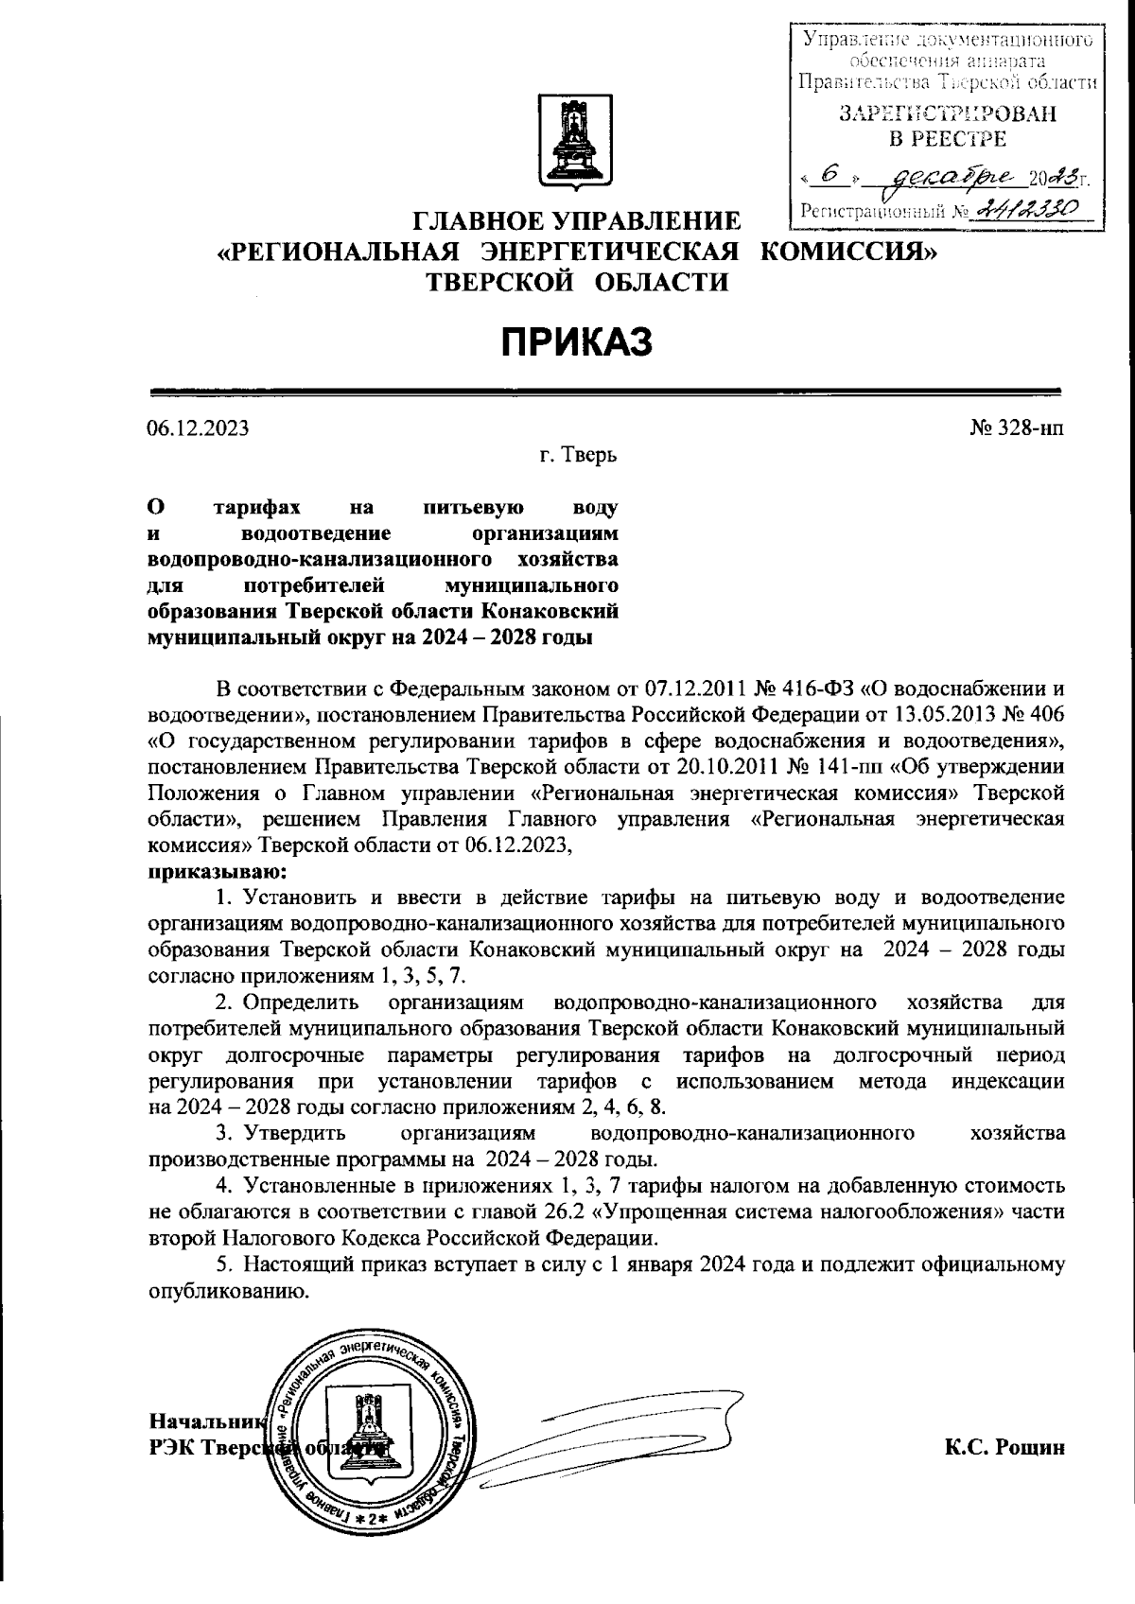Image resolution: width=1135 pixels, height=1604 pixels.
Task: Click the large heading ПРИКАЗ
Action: pos(577,341)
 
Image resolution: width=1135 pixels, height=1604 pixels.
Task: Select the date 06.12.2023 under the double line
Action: pos(198,427)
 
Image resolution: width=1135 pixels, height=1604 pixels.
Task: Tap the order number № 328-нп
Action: pos(1017,427)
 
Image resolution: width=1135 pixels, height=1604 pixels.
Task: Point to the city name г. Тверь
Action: pos(578,456)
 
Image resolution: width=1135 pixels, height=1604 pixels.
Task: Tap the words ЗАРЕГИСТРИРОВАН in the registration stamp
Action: pos(946,114)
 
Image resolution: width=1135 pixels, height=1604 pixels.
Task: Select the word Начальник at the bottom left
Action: pos(203,1421)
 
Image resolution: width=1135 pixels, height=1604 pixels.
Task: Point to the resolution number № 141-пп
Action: pos(832,764)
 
